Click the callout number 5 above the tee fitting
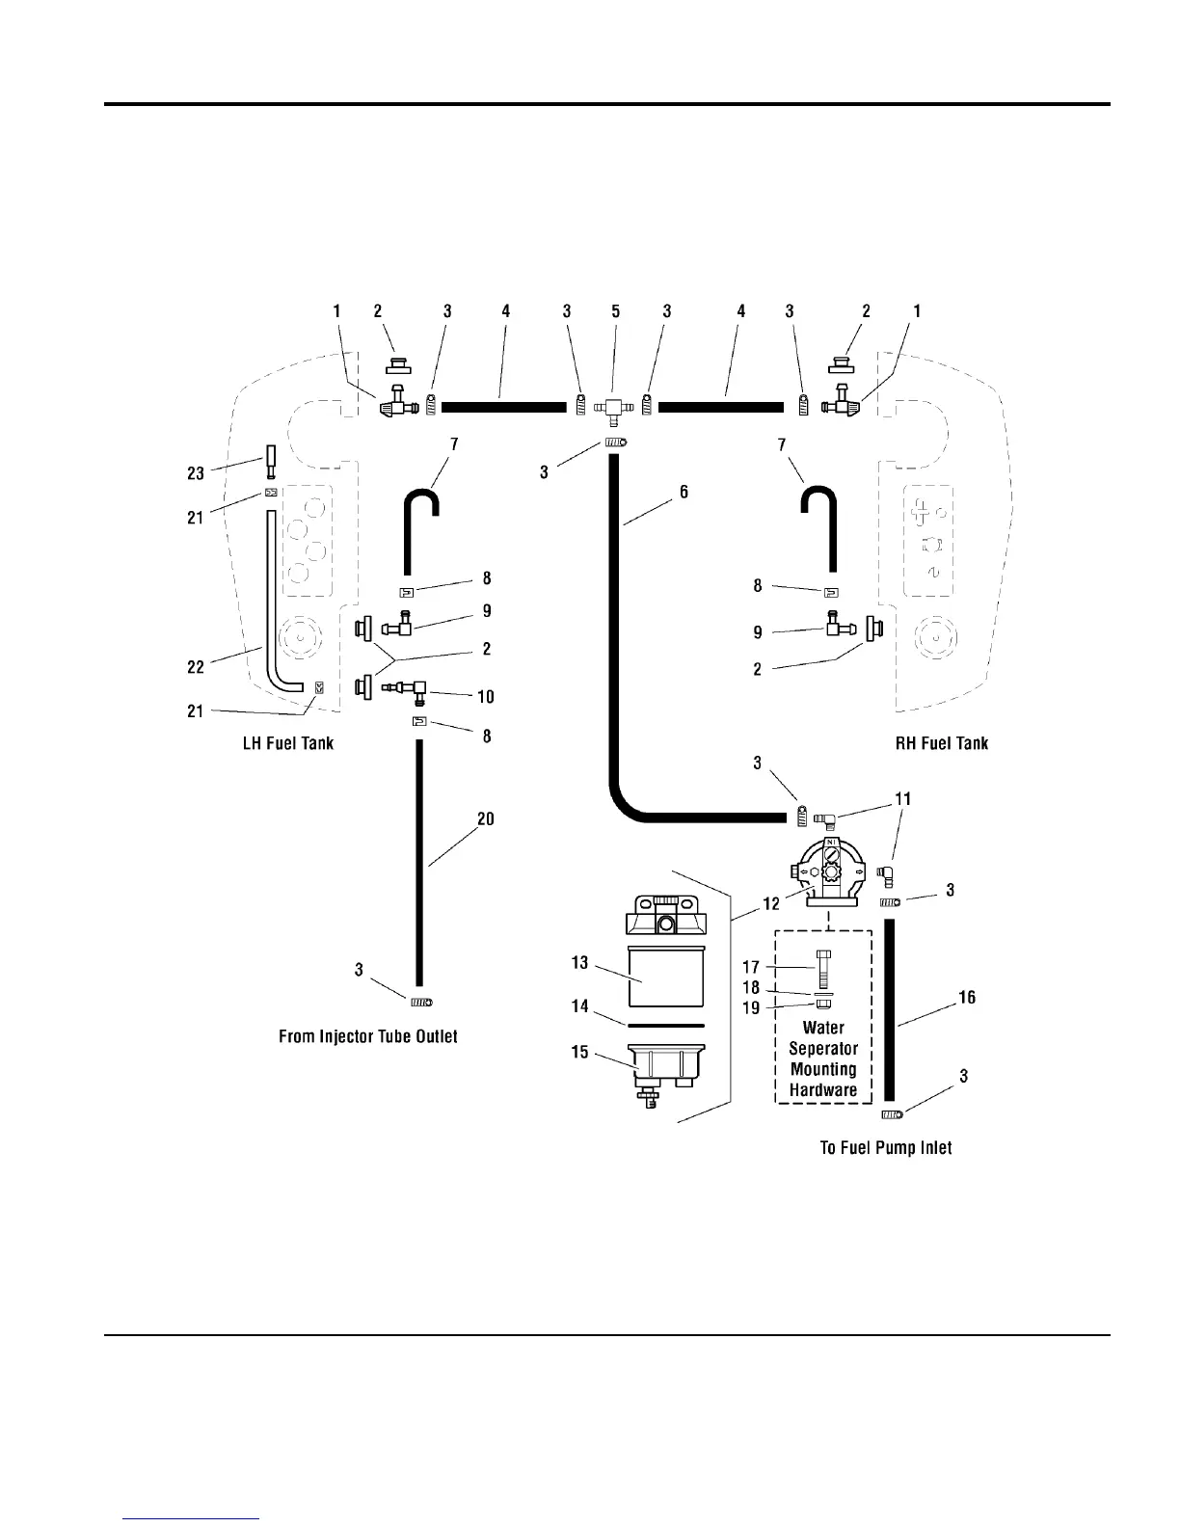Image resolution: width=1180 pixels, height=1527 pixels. (x=616, y=311)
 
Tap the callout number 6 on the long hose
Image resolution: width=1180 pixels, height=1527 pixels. (x=684, y=492)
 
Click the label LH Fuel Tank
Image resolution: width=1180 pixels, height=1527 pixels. (x=288, y=743)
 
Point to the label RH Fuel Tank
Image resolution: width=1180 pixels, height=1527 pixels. (x=942, y=743)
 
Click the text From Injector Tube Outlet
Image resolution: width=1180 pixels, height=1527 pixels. (x=368, y=1036)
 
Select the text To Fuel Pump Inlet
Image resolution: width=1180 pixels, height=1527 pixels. (x=886, y=1148)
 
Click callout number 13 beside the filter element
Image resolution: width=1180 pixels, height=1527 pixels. (x=579, y=962)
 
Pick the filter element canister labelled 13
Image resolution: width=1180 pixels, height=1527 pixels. (x=665, y=978)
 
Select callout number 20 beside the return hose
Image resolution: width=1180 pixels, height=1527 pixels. (x=486, y=818)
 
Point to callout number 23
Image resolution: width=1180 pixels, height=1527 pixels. (x=196, y=473)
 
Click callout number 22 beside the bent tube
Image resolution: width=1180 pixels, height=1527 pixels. (x=196, y=666)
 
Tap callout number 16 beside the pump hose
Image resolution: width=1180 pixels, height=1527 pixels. (x=967, y=997)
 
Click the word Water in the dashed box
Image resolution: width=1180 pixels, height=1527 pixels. (x=823, y=1029)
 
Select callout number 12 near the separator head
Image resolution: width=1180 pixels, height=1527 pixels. (x=771, y=905)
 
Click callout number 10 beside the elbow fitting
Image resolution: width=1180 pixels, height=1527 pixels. (x=486, y=697)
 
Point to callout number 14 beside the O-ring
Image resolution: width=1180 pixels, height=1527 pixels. (x=579, y=1006)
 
